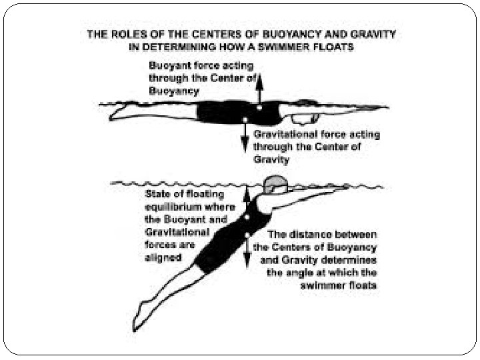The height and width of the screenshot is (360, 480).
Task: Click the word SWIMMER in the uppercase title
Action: click(x=291, y=47)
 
